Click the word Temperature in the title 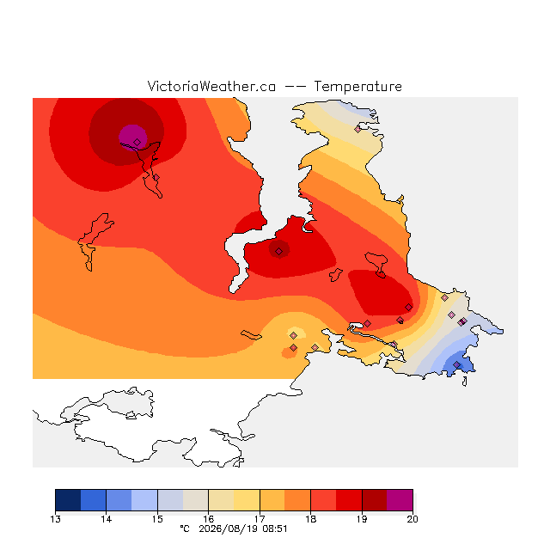357,86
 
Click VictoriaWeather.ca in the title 211,86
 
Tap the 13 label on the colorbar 55,519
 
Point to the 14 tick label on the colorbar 107,519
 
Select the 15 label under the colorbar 157,519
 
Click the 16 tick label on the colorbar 208,519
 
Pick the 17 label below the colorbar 260,519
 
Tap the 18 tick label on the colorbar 311,519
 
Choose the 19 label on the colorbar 362,519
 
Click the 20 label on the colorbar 412,519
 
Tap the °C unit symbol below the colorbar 185,529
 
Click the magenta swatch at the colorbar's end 400,500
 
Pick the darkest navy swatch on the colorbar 68,500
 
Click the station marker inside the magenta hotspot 137,142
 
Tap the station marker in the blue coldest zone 456,364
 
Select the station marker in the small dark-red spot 278,251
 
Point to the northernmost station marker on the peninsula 357,129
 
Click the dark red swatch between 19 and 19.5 375,500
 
